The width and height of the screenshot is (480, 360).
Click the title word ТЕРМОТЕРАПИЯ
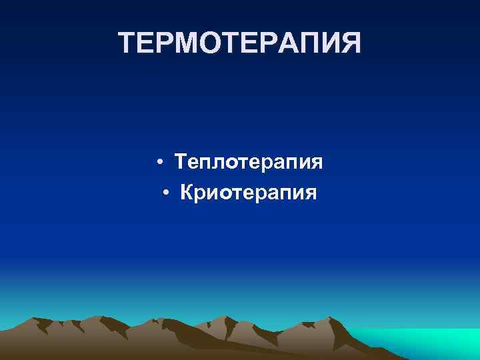pyautogui.click(x=240, y=44)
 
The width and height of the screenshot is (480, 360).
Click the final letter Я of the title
pyautogui.click(x=351, y=44)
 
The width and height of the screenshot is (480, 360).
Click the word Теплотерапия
pyautogui.click(x=249, y=162)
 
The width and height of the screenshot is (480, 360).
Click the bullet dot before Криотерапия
pyautogui.click(x=167, y=193)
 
